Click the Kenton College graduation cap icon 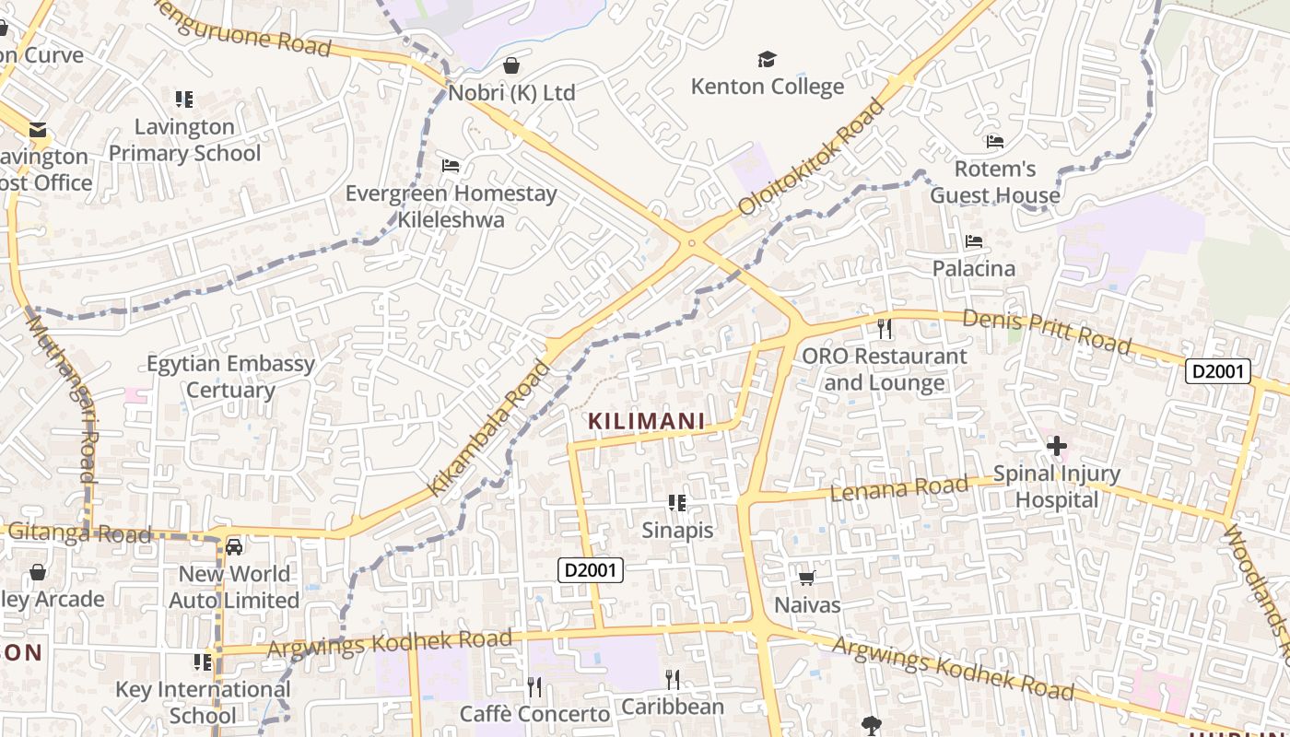click(x=767, y=60)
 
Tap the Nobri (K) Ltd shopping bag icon click(x=511, y=65)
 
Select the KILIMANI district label click(x=647, y=422)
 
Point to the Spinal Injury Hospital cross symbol click(x=1056, y=447)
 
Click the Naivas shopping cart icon click(x=807, y=578)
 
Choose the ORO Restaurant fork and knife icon click(x=885, y=328)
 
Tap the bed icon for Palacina click(x=974, y=242)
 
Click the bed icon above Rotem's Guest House click(x=995, y=142)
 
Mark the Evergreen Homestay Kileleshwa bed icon click(x=451, y=166)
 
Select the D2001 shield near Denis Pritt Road click(x=1217, y=371)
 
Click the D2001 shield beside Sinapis click(x=591, y=570)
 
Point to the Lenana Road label click(x=899, y=488)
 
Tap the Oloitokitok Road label click(x=811, y=158)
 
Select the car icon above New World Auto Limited click(x=235, y=547)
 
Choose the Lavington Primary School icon click(x=184, y=99)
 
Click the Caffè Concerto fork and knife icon click(x=534, y=685)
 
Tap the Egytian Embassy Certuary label click(x=230, y=377)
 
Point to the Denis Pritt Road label click(x=1047, y=332)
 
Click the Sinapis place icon click(x=677, y=503)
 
